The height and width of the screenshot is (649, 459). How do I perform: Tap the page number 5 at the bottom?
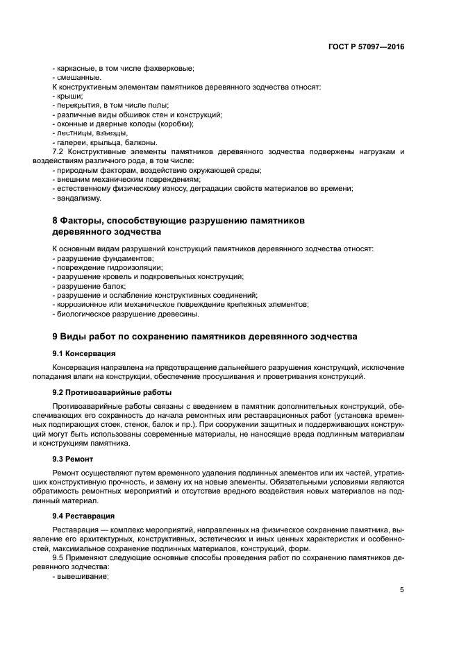coord(402,590)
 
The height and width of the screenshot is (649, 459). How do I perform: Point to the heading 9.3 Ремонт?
coord(68,459)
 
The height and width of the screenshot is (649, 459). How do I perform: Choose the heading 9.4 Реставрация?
coord(78,516)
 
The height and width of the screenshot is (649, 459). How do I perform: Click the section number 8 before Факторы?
coord(56,220)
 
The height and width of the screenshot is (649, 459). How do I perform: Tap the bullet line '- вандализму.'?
coord(77,198)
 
